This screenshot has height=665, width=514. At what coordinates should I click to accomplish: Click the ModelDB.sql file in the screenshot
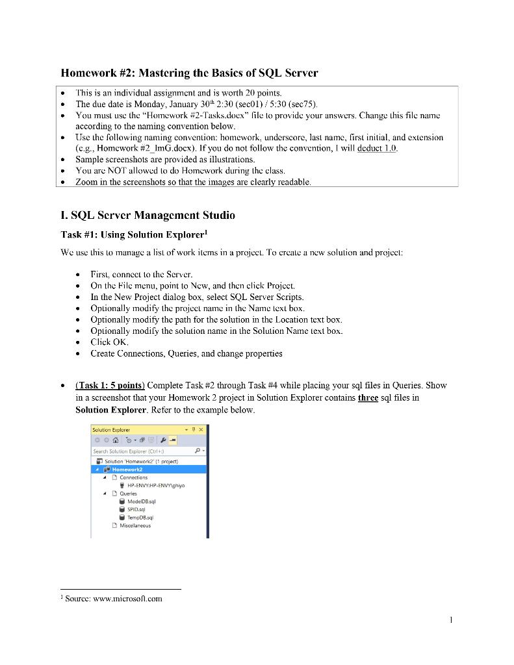click(141, 501)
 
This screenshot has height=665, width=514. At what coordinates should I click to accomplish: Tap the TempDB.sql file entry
click(140, 518)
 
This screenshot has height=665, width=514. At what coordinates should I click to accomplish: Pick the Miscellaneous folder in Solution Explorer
click(135, 526)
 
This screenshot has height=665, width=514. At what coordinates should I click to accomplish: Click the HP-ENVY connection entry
click(155, 485)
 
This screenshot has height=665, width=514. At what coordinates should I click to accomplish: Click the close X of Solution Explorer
click(201, 429)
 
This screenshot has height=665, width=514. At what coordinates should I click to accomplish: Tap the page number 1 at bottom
click(450, 620)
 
